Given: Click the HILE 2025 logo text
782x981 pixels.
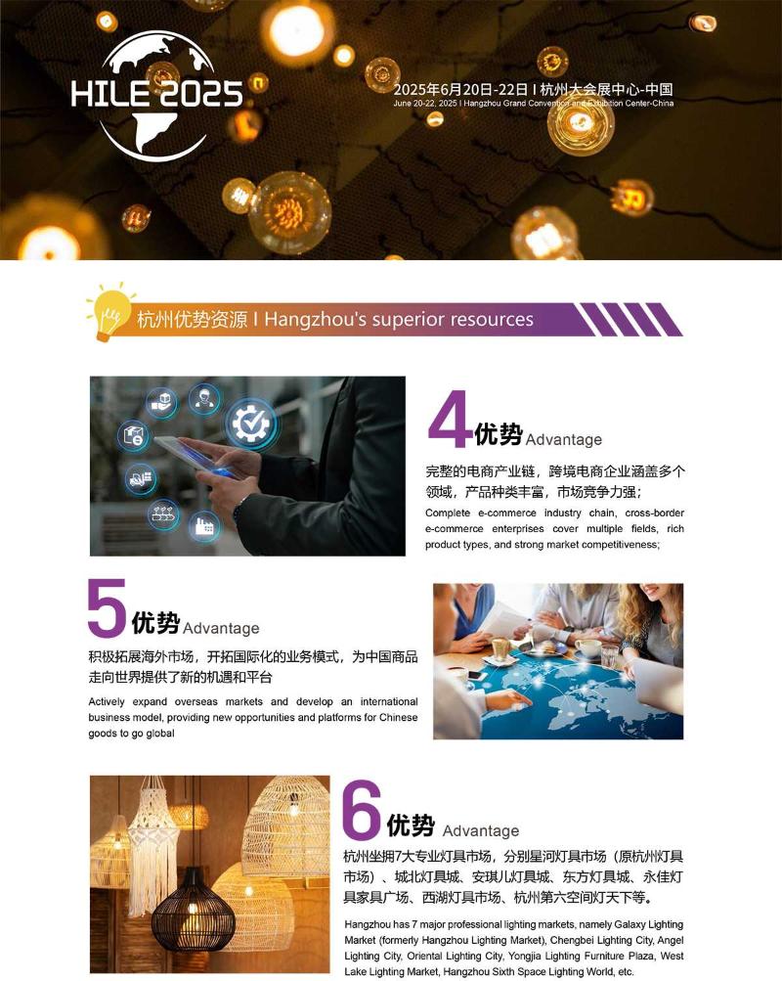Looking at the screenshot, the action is click(x=156, y=93).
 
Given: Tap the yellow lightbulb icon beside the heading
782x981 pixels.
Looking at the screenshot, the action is click(x=110, y=312).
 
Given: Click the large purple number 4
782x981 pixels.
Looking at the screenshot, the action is click(x=449, y=419).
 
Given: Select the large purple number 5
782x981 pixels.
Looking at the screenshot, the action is click(x=107, y=607).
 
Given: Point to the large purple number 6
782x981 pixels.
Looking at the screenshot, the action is click(x=362, y=809).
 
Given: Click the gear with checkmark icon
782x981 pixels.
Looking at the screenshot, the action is click(x=250, y=424).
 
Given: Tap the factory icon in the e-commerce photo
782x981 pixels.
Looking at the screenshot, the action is click(x=203, y=527).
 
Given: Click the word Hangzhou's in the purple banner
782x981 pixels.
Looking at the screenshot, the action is click(x=315, y=320).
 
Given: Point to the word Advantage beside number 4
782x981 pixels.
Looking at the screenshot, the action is click(x=564, y=439).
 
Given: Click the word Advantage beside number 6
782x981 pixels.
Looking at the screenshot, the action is click(x=481, y=830).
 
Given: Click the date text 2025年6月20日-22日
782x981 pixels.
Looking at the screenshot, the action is click(x=460, y=89).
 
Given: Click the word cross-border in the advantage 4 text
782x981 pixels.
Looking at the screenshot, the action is click(x=655, y=513).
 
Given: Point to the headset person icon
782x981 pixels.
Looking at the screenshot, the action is click(x=204, y=398).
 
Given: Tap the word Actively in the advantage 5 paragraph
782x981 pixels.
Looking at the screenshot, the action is click(x=107, y=702).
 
